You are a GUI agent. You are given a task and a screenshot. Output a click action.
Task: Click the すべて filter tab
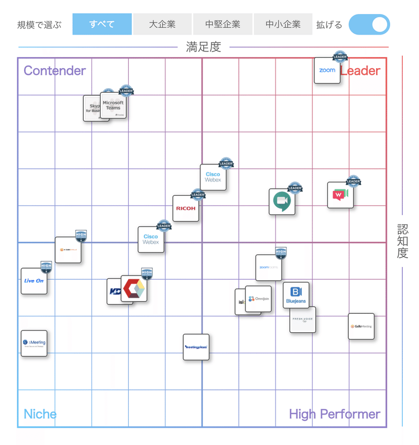point(102,24)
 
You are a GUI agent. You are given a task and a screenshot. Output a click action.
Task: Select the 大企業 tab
point(162,24)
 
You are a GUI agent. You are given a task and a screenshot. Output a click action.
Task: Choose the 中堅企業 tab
point(223,24)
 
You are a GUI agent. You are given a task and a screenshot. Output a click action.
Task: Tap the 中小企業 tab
point(283,24)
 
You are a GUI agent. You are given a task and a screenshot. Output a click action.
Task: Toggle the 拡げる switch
point(369,25)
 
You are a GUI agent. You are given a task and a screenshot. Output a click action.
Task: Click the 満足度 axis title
point(204,47)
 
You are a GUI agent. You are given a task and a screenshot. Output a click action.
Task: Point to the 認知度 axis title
point(402,241)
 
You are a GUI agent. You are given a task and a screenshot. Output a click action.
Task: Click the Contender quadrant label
point(54,71)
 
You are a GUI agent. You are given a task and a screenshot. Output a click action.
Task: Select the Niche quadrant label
point(40,414)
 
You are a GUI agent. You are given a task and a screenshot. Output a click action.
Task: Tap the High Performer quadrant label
point(334,414)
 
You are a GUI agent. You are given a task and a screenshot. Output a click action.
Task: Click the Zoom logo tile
point(327,70)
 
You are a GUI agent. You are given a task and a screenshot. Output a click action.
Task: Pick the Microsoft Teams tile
point(114,105)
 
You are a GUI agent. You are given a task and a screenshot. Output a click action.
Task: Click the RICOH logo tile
point(186,208)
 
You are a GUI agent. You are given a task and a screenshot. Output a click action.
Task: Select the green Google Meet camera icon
point(282,202)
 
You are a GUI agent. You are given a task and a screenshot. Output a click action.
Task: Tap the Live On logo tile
point(34,281)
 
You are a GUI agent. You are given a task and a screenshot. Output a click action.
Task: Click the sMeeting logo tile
point(34,343)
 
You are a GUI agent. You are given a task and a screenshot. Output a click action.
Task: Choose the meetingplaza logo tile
point(196,347)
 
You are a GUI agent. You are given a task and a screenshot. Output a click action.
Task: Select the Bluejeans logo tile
point(296,295)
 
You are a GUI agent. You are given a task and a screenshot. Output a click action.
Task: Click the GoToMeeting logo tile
point(361,326)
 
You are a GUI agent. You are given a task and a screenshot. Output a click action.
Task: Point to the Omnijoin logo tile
point(259,299)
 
